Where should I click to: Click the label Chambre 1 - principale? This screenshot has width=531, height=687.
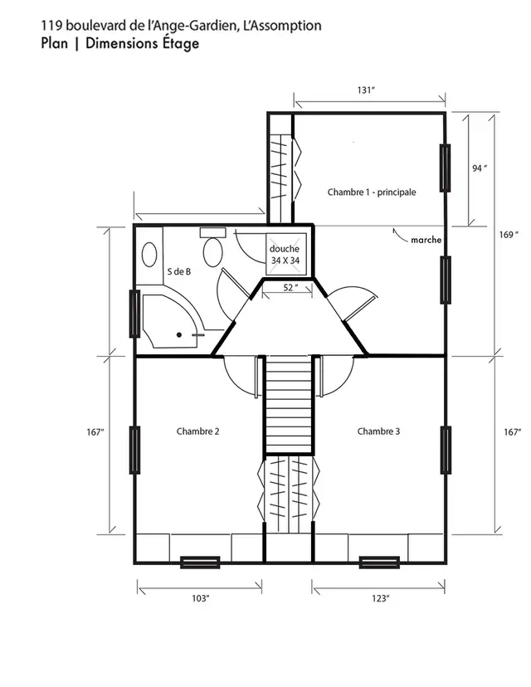pos(372,192)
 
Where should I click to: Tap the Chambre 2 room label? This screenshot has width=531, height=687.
pos(197,431)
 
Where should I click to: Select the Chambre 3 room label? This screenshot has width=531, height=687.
pos(378,431)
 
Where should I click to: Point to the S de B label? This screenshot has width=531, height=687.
pos(179,271)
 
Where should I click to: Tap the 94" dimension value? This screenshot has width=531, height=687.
pos(479,168)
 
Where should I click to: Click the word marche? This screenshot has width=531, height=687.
pos(426,241)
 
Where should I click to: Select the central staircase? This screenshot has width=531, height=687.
pos(288,404)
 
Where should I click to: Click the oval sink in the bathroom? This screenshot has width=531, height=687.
pos(150,253)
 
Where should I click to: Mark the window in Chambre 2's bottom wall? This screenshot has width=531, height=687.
pos(200,562)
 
